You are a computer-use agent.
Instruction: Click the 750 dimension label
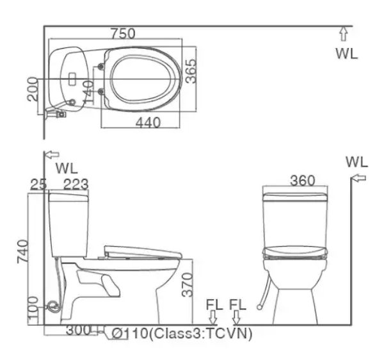click(x=122, y=33)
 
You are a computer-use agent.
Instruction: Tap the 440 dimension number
click(x=148, y=123)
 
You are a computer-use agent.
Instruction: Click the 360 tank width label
click(x=301, y=180)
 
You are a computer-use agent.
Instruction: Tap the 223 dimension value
click(x=76, y=184)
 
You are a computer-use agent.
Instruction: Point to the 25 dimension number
click(x=39, y=184)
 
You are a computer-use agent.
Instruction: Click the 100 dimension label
click(x=34, y=307)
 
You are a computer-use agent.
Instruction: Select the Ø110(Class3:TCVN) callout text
click(x=182, y=334)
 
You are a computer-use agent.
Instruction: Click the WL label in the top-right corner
click(x=347, y=53)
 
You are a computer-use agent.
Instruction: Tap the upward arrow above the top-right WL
click(x=343, y=34)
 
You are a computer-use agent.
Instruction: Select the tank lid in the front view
click(x=296, y=193)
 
